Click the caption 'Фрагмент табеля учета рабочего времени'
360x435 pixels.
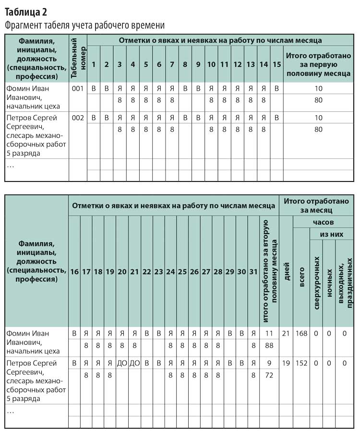point(85,25)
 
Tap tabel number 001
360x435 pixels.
point(78,88)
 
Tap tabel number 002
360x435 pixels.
point(78,118)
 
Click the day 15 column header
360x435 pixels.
point(276,64)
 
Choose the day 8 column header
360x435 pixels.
point(185,64)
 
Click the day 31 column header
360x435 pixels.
point(253,272)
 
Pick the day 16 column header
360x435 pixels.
point(74,272)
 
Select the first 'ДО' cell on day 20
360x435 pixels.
point(122,363)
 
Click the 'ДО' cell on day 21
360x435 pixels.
point(135,363)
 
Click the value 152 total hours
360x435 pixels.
point(302,363)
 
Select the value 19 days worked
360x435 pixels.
point(286,363)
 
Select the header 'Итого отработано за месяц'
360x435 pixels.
point(316,205)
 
